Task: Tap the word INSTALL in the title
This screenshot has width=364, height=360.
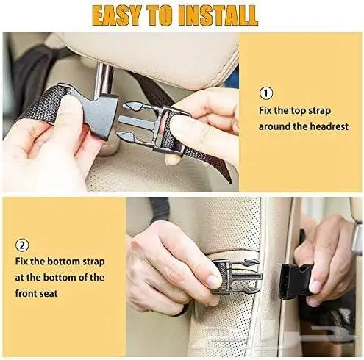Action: pos(218,15)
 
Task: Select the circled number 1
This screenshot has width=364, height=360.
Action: pos(266,93)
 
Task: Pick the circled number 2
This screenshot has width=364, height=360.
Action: pos(22,245)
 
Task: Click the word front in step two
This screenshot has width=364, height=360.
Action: pos(26,293)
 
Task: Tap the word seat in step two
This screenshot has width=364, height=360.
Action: pos(49,293)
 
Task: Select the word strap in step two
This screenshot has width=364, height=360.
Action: pos(93,262)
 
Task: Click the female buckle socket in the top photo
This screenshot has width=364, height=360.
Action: pos(97,116)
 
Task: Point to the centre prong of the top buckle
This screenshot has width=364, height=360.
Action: pos(137,121)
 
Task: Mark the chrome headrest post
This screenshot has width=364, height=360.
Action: pos(103,79)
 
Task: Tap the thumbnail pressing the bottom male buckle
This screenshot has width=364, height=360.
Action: pos(213,281)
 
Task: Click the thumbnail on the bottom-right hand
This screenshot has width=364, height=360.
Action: pos(314,287)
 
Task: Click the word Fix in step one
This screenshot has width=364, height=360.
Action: pos(265,110)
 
